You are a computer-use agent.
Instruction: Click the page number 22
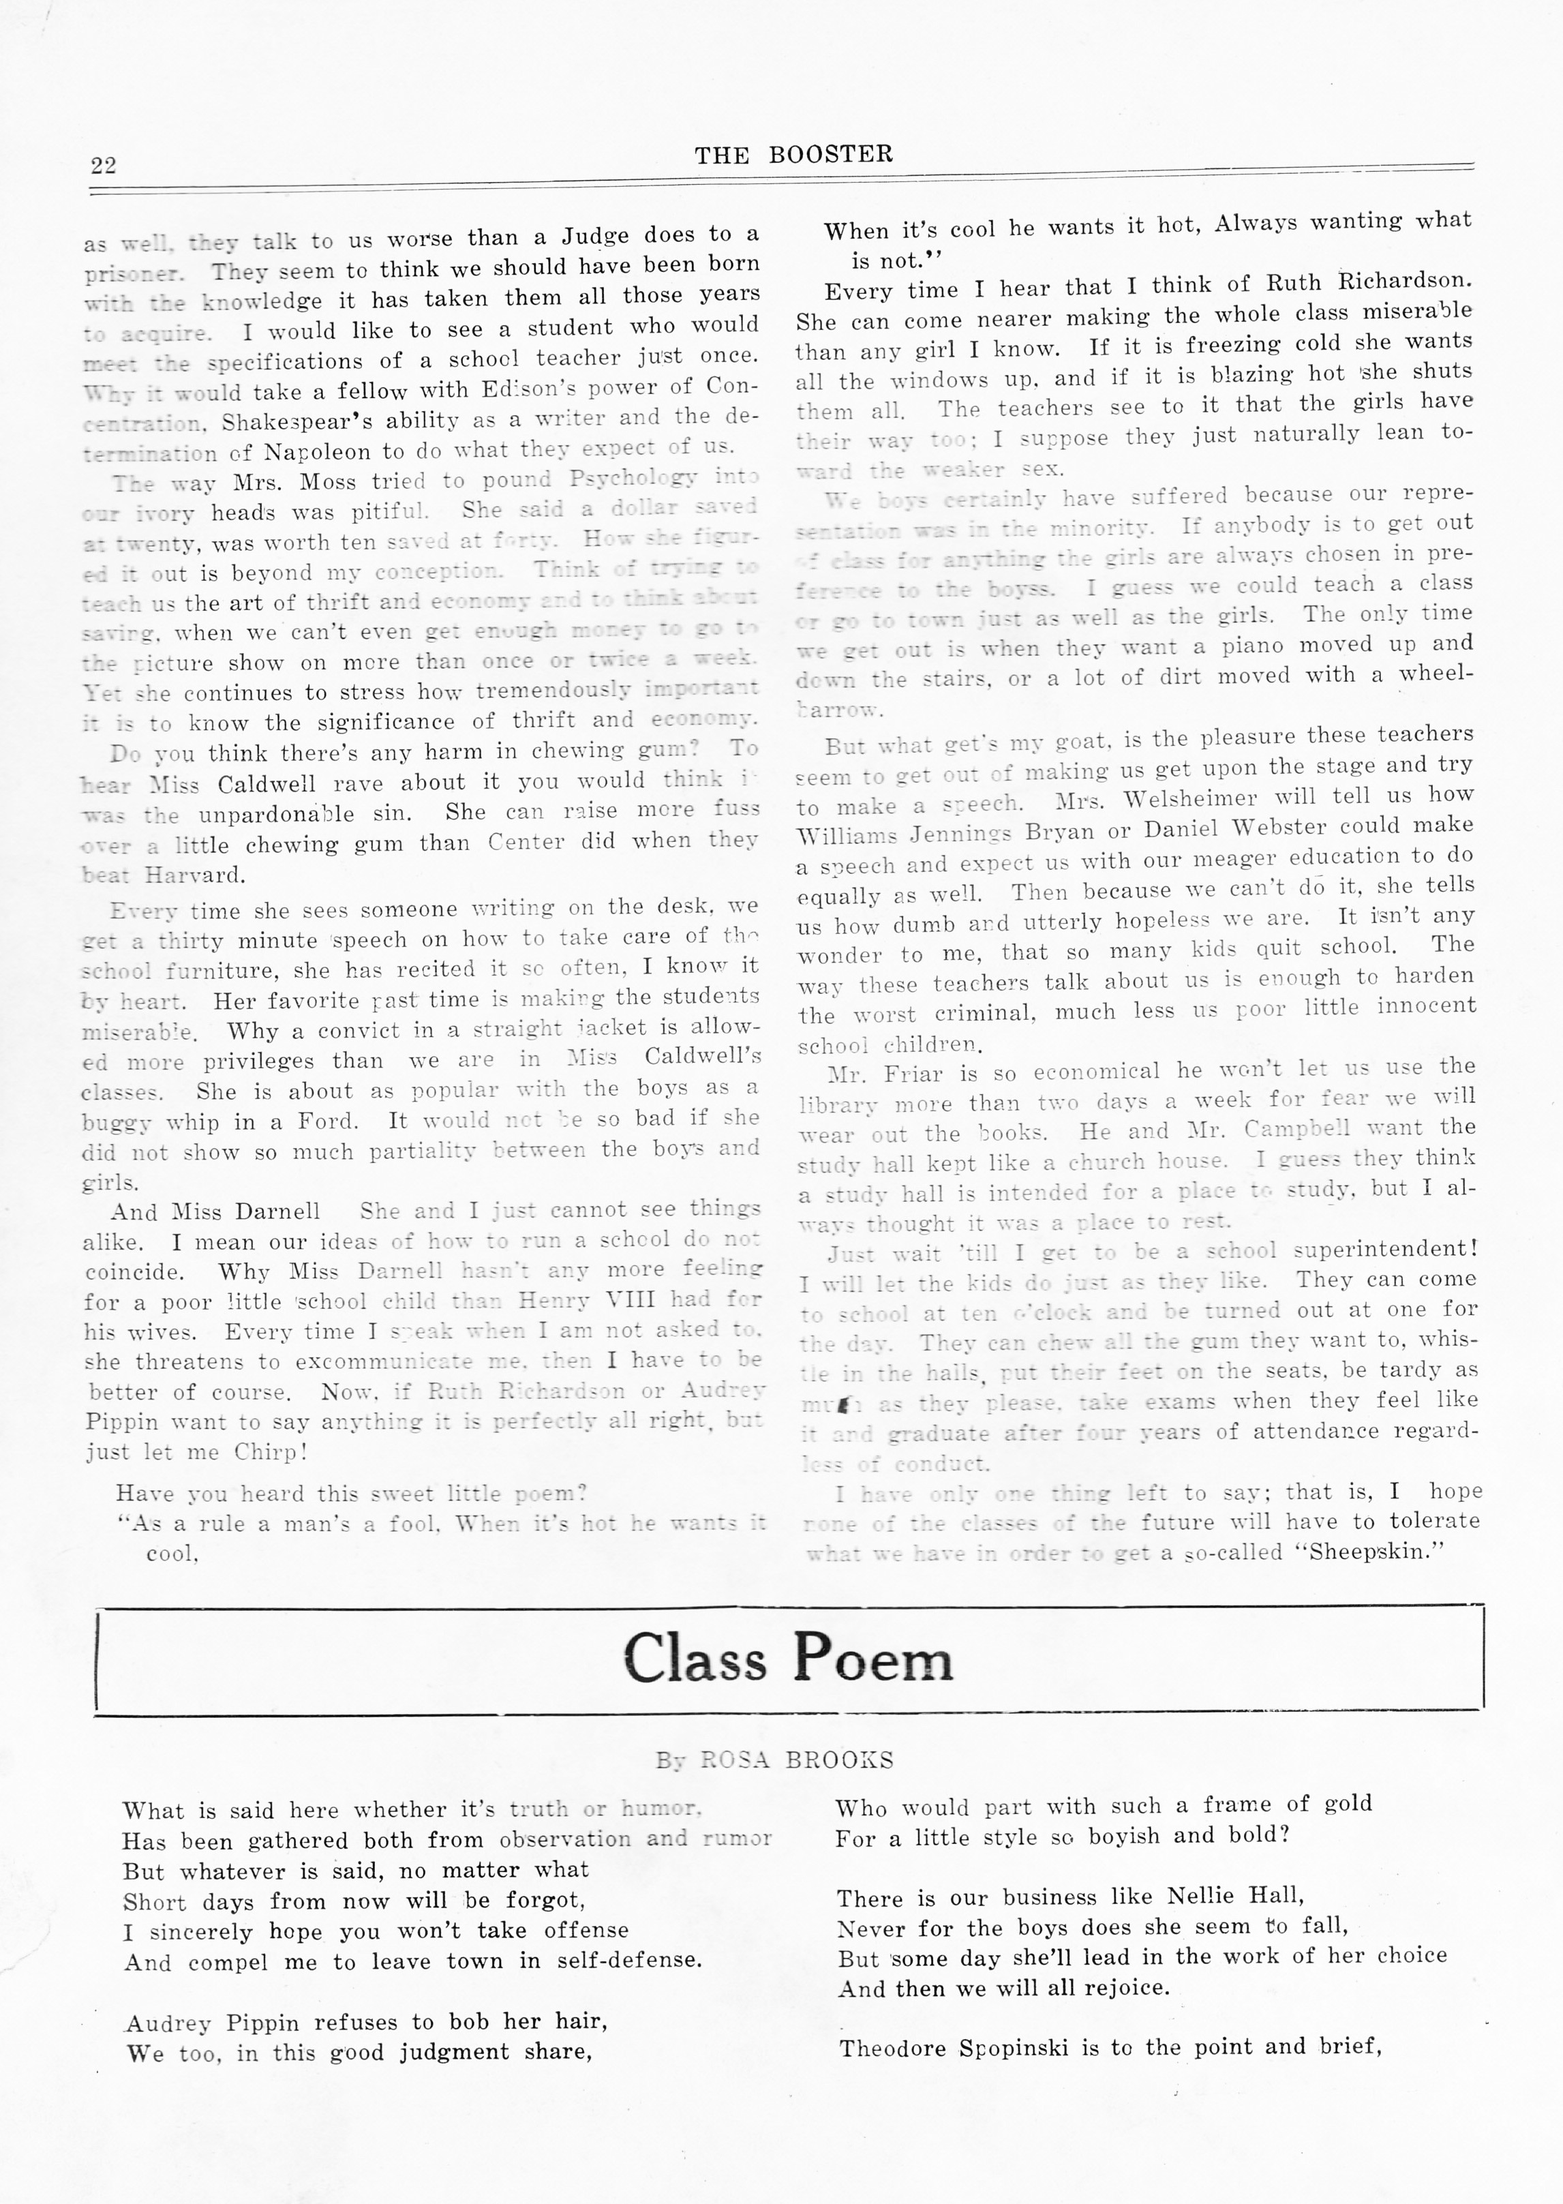coord(103,164)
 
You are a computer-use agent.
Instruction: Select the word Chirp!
coord(271,1451)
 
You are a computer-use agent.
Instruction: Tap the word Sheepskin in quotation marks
coord(1369,1552)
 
